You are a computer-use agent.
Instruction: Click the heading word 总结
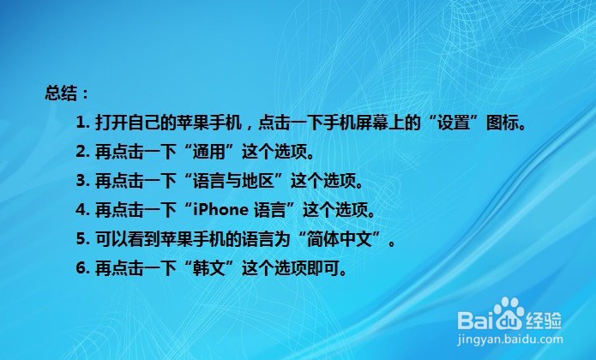point(61,93)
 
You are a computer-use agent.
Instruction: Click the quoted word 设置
point(454,123)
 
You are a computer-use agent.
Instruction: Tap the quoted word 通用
point(209,152)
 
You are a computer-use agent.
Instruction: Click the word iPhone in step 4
point(220,210)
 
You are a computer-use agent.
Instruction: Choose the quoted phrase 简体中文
point(339,239)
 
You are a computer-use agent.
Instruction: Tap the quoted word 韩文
point(209,268)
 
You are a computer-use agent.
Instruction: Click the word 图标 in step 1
point(503,123)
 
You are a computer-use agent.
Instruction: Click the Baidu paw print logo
point(509,314)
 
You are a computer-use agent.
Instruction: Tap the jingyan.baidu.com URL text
point(510,339)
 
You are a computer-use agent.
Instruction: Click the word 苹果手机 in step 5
point(193,239)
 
